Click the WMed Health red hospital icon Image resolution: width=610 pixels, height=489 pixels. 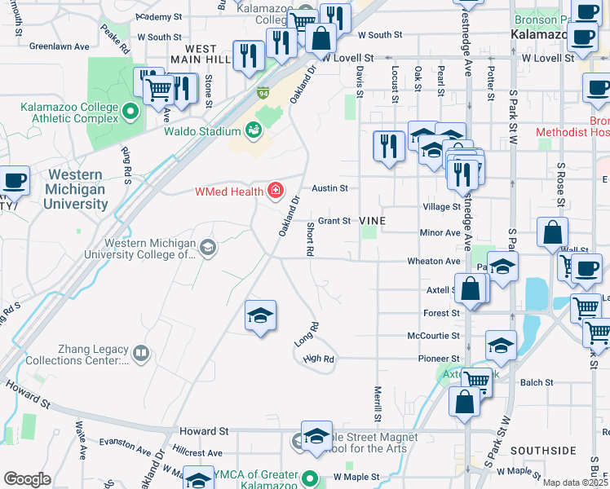point(276,192)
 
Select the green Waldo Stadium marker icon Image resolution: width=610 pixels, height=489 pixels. point(253,130)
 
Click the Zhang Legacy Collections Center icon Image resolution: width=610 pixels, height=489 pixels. point(141,353)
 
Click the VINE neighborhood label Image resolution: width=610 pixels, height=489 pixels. point(373,221)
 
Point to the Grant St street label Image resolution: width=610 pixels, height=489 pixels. point(334,221)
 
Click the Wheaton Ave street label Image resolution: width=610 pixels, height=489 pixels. point(435,262)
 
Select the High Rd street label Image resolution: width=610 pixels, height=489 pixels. point(319,359)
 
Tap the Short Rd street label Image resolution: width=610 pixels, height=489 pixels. point(311,240)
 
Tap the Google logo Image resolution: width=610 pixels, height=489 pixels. point(27,478)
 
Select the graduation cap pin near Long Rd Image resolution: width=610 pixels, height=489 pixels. point(260,315)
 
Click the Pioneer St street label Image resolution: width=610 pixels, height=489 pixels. point(433,359)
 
